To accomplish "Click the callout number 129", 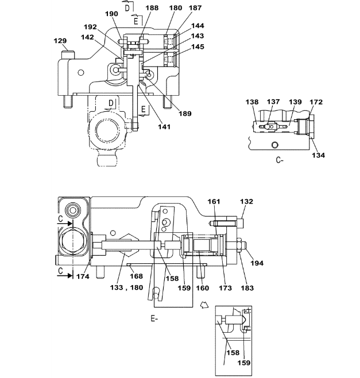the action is pos(60,41).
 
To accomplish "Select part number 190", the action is pos(111,14).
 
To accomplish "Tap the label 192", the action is pos(90,27).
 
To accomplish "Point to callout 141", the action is pos(164,127).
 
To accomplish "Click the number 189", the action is pos(185,114).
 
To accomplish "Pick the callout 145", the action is pos(198,46).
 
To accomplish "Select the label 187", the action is pos(195,8).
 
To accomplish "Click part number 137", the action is pos(273,102).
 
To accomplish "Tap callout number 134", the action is pos(318,155).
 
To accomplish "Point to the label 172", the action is pos(316,102).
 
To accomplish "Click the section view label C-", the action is pos(280,160).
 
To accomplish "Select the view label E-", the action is pos(154,319).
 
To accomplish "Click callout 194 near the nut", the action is pos(257,263).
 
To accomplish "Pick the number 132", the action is pos(246,201).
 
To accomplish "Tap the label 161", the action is pos(214,201).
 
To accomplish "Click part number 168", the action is pos(136,276).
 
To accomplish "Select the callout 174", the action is pos(83,276).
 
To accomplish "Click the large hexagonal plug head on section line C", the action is pos(72,240).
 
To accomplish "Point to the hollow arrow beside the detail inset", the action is pos(204,305).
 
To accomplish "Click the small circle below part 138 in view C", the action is pos(274,145).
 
